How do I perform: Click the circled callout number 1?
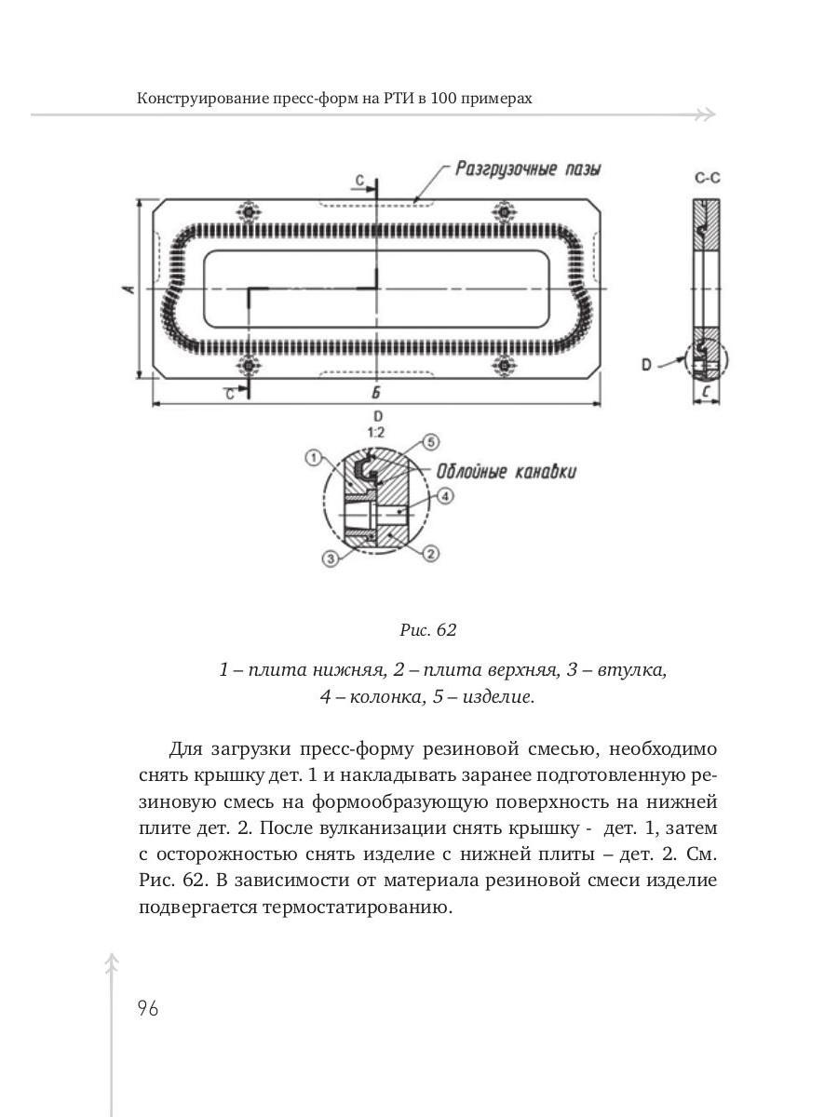(x=314, y=457)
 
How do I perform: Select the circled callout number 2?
(x=430, y=555)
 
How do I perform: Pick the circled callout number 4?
(x=445, y=496)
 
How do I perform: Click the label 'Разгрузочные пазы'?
(x=528, y=169)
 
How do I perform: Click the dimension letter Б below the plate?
(x=374, y=393)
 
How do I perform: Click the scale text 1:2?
(x=377, y=433)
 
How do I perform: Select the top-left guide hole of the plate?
(x=249, y=213)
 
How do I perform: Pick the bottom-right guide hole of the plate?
(x=504, y=365)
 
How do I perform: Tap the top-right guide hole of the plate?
(x=504, y=213)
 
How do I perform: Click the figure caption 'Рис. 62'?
(x=427, y=630)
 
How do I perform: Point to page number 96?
(x=147, y=1008)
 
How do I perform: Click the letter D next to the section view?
(x=645, y=365)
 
